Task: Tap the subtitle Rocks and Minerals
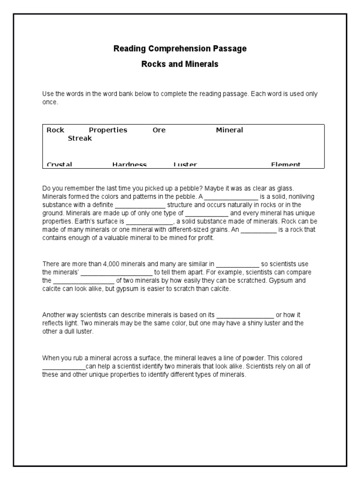[x=180, y=64]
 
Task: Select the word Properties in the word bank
[x=108, y=130]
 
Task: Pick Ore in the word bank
[x=159, y=130]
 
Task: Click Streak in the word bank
[x=80, y=138]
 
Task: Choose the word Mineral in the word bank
[x=229, y=130]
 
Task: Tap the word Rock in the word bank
[x=55, y=130]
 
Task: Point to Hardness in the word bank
[x=129, y=165]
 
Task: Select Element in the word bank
[x=285, y=165]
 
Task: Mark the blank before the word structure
[x=140, y=205]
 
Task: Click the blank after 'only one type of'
[x=207, y=213]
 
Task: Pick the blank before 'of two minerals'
[x=83, y=281]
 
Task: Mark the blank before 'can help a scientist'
[x=64, y=367]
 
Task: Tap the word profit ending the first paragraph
[x=204, y=238]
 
